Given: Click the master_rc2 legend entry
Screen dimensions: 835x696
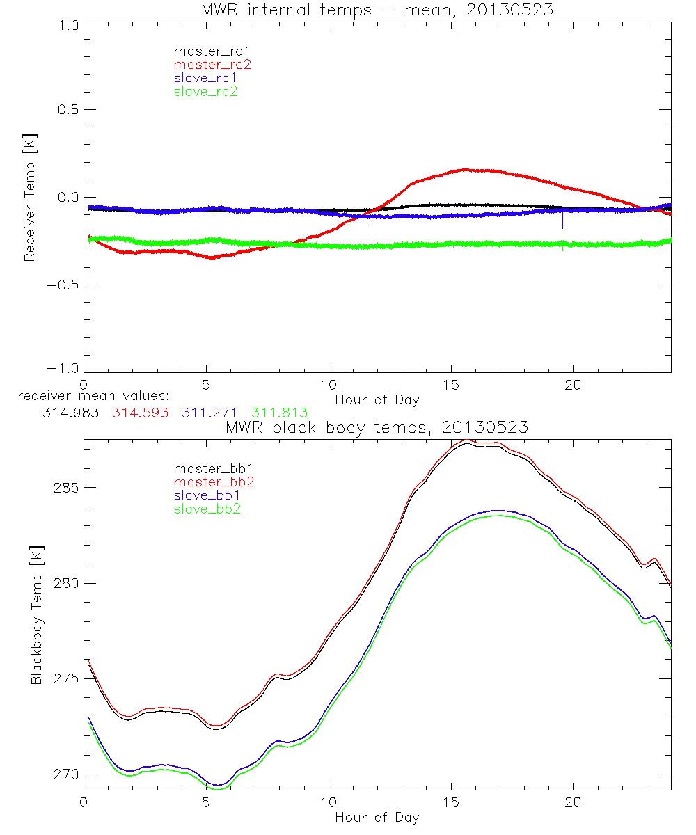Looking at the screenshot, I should (x=212, y=64).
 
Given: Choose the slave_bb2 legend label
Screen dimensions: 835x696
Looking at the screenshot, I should (x=208, y=510).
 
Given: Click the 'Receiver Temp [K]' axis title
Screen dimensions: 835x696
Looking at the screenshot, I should (x=29, y=198).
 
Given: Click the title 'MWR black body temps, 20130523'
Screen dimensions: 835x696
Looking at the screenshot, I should (x=377, y=428).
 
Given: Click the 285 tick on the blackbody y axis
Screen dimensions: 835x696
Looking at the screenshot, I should (x=68, y=487).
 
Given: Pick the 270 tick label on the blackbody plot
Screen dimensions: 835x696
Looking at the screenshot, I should (x=68, y=774).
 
